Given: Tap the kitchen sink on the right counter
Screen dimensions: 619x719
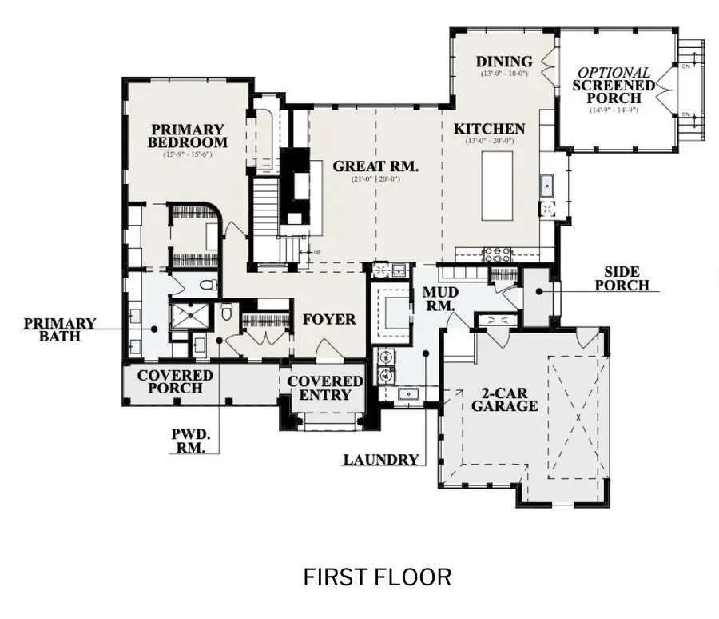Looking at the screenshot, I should (548, 185).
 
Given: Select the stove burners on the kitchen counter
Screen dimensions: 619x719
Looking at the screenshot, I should (497, 255).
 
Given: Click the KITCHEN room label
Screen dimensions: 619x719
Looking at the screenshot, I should (489, 129).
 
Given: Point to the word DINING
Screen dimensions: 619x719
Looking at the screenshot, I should (503, 62).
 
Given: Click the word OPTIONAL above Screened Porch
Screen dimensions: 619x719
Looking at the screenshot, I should (614, 73).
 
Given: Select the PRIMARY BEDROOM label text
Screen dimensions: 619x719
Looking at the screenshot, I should (187, 136).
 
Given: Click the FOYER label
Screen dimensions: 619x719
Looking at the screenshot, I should (328, 319).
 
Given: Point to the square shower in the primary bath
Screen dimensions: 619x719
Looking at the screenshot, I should (190, 317).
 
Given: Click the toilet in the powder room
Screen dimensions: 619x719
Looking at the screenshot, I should (227, 313).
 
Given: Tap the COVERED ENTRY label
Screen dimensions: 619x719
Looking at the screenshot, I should (325, 388).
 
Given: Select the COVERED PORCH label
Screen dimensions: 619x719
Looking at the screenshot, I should (175, 381).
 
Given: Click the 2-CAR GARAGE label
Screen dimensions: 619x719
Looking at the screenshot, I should (503, 399).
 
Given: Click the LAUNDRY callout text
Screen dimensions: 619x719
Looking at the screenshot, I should (381, 460).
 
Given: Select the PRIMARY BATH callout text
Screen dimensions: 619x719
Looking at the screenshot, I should (60, 329).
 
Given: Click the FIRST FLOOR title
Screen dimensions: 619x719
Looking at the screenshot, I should (377, 577).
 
